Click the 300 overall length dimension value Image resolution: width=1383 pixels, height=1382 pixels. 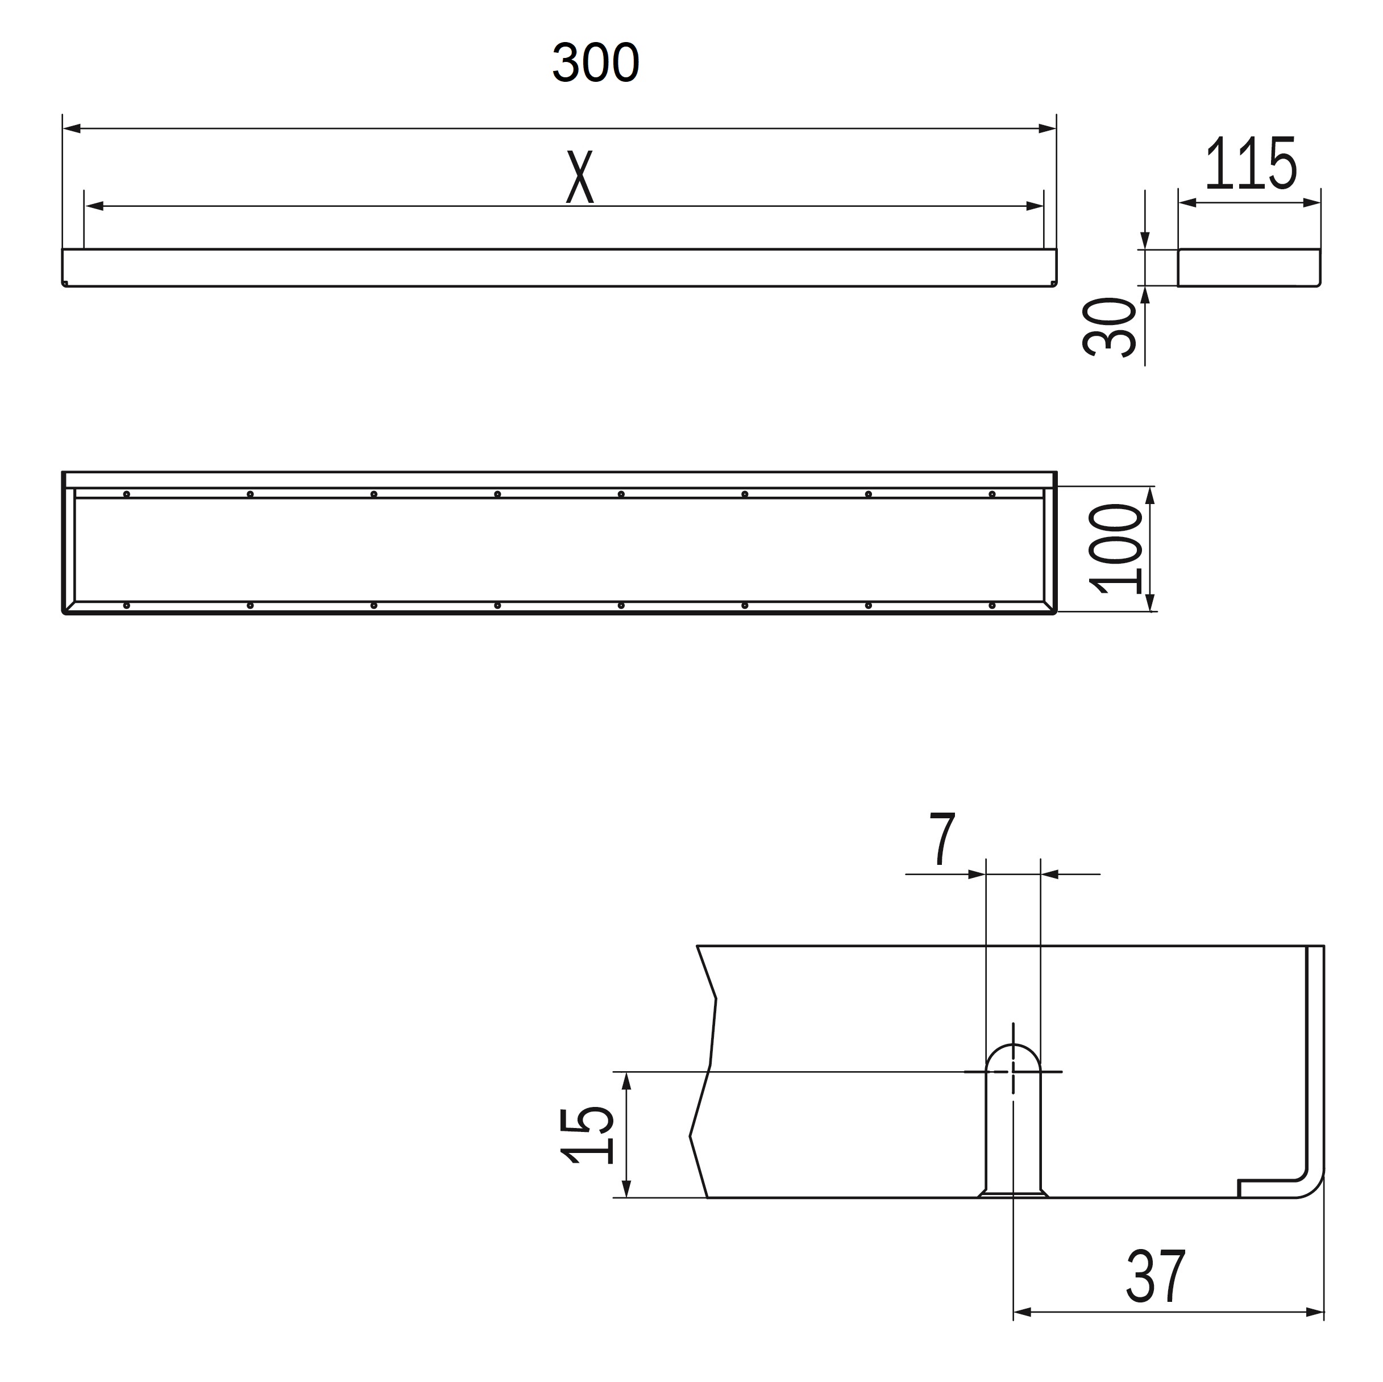click(596, 63)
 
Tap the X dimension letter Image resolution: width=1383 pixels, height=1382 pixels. click(580, 176)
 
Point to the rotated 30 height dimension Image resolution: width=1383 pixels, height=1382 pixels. click(1109, 327)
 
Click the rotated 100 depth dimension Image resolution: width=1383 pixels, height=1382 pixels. click(1115, 549)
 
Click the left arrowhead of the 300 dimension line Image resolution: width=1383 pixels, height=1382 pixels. click(72, 129)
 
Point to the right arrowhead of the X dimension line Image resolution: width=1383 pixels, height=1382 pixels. click(1035, 206)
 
